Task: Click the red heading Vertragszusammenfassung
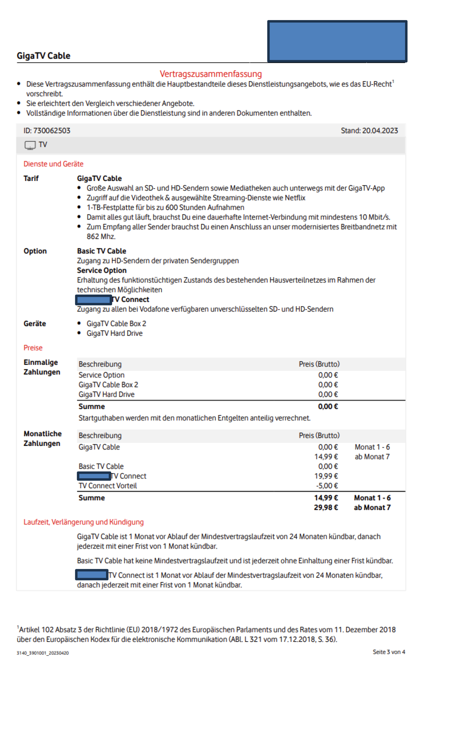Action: pos(211,74)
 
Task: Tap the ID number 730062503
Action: pos(51,131)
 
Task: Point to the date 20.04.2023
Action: pos(380,131)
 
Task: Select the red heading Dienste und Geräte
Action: pos(53,164)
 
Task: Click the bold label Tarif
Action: pos(31,178)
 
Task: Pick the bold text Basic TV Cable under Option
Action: pos(101,251)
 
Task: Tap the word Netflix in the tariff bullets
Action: pos(295,198)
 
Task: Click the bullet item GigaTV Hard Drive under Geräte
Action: pos(114,333)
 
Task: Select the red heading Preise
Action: pos(33,348)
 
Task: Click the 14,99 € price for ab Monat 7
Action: pos(326,457)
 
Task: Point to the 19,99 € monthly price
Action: pos(326,476)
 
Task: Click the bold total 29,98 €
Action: pos(326,508)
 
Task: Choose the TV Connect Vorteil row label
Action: pos(107,486)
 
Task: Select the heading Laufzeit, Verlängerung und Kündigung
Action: pos(83,522)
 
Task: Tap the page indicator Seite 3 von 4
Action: pos(389,652)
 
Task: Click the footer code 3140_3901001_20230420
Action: pos(42,653)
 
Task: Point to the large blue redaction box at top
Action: pos(337,41)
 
